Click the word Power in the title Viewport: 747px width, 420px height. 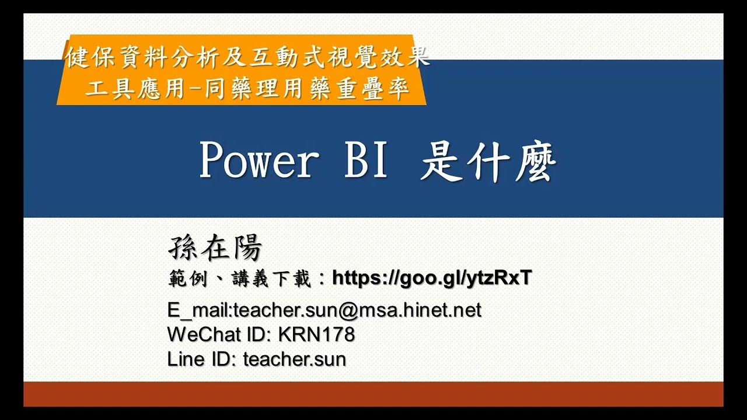pos(259,162)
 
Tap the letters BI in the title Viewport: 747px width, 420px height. pos(366,162)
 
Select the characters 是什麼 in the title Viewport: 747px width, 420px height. pos(488,163)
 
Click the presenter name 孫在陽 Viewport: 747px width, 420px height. pos(215,249)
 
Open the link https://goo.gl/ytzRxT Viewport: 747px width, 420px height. pos(432,279)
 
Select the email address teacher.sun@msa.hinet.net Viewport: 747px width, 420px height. pos(357,310)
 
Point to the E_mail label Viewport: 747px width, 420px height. pos(199,310)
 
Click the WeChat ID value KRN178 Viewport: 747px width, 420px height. pos(316,335)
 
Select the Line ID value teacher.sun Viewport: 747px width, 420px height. pos(295,359)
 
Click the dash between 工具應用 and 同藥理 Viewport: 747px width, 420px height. pos(196,89)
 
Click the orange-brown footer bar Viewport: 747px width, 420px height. pos(373,394)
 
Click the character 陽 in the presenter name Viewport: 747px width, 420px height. pos(247,249)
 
